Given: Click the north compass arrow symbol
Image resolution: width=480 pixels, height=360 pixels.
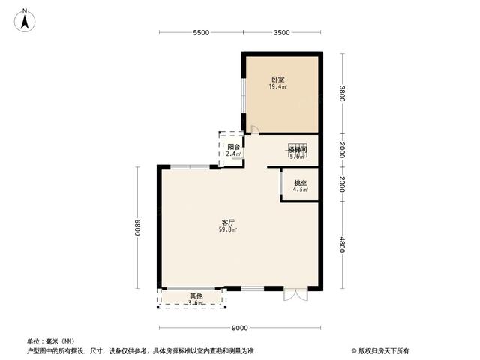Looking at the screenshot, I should (x=25, y=19).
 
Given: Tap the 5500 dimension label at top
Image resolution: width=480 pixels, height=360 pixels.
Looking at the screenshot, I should (x=200, y=33).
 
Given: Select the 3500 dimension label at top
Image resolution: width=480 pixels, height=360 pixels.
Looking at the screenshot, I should (x=281, y=33).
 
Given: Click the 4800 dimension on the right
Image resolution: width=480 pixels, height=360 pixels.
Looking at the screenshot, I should (x=342, y=245).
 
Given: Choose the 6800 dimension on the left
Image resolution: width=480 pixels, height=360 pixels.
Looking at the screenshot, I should (x=138, y=227).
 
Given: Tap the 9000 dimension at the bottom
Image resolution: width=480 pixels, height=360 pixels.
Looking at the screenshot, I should (x=240, y=328).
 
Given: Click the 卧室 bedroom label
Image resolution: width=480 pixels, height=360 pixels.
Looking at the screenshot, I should (x=277, y=79).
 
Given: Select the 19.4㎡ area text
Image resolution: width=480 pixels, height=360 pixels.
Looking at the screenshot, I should (x=277, y=87).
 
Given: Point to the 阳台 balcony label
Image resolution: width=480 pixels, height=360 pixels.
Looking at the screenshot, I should (x=233, y=147).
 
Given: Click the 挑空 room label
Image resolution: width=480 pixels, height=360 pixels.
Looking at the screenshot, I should (x=300, y=182).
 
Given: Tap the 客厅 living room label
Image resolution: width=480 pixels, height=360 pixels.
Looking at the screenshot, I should (x=228, y=222).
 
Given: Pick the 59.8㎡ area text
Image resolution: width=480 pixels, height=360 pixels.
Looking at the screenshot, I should (x=228, y=230).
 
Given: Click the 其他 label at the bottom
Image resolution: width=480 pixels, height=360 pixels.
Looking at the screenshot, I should (x=196, y=295).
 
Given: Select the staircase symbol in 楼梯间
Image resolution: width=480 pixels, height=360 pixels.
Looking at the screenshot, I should (x=297, y=148).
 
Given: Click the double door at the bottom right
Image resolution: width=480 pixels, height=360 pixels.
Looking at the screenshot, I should (x=295, y=294).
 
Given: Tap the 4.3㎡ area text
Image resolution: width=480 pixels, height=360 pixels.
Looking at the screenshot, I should (x=300, y=190).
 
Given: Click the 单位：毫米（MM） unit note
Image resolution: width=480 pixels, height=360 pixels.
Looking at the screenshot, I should (x=51, y=341).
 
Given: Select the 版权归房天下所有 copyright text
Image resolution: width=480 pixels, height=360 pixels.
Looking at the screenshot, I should (x=383, y=350).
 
